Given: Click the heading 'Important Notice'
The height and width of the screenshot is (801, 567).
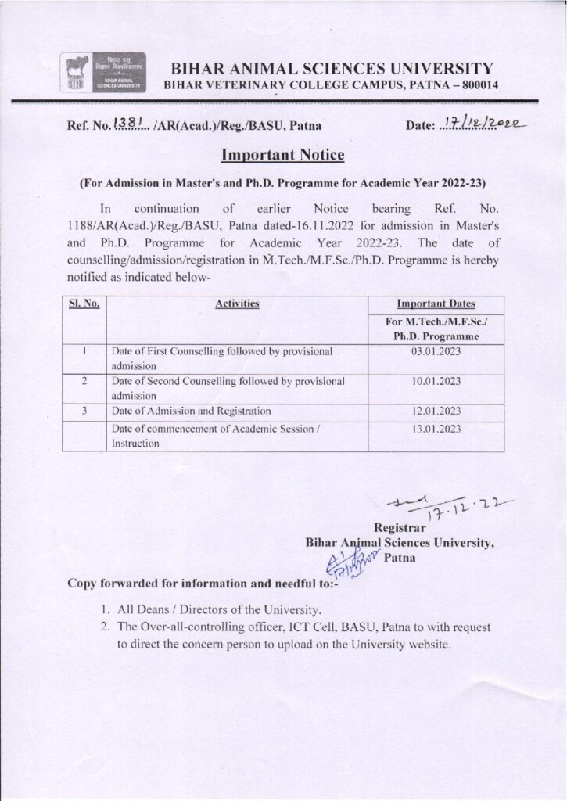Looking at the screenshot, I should point(283,155).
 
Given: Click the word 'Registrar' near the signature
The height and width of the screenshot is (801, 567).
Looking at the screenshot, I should point(403,527).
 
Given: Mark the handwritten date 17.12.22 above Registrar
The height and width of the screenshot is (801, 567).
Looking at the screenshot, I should point(440,508).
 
